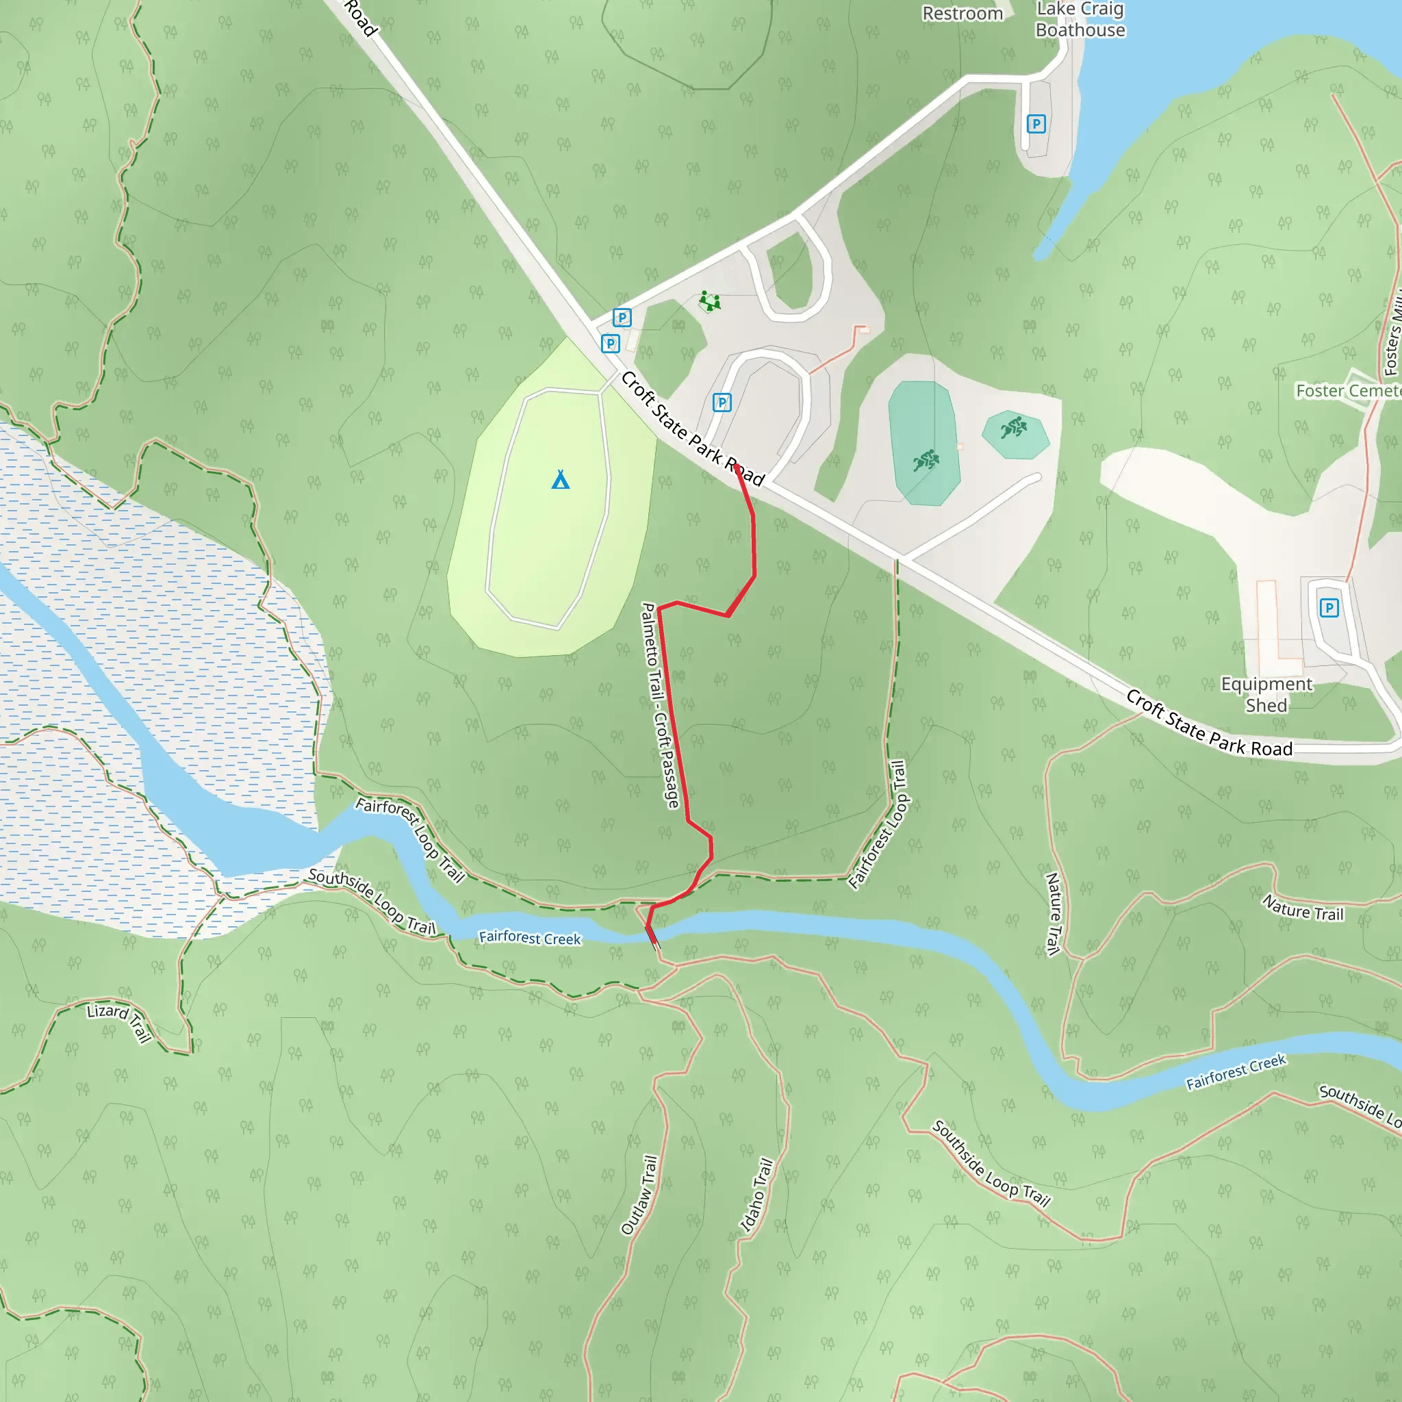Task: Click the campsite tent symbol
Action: click(x=560, y=480)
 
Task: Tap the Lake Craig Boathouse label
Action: click(x=1080, y=20)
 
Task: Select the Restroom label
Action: click(x=963, y=14)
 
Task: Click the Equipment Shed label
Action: click(x=1266, y=694)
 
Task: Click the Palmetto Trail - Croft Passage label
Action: click(x=661, y=704)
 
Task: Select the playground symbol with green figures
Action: click(x=709, y=301)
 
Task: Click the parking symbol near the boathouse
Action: click(x=1036, y=124)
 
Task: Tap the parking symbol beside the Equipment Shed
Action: click(x=1329, y=607)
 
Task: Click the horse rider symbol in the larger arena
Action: click(x=926, y=459)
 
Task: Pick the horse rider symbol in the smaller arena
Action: click(x=1014, y=426)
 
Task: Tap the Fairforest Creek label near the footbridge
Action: click(x=530, y=938)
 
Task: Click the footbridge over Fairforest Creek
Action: click(x=652, y=936)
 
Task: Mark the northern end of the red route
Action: click(x=737, y=468)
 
